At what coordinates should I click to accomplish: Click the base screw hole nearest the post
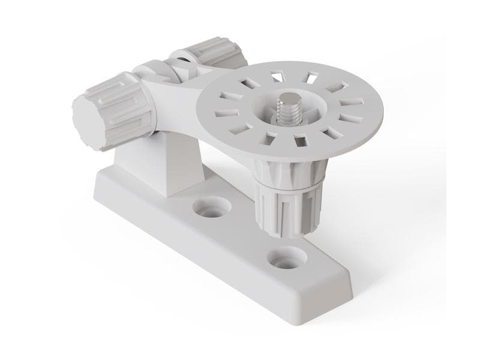(212, 210)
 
